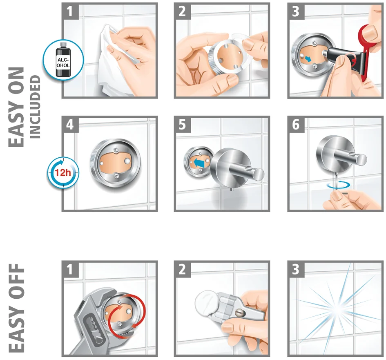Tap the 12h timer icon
pyautogui.click(x=63, y=172)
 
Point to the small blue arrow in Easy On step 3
pyautogui.click(x=308, y=59)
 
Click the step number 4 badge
pyautogui.click(x=70, y=125)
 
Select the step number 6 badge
pyautogui.click(x=296, y=125)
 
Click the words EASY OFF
pyautogui.click(x=16, y=308)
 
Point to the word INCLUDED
pyautogui.click(x=35, y=107)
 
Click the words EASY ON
pyautogui.click(x=16, y=107)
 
